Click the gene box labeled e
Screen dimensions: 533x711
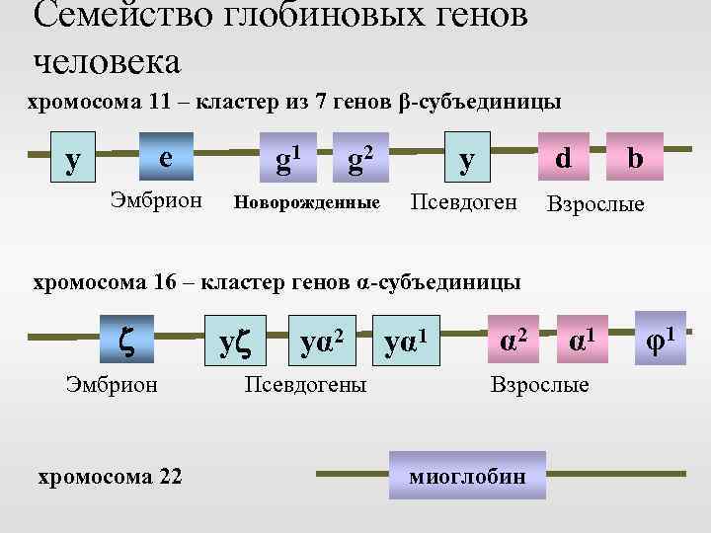(165, 155)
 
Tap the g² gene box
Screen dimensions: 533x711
(358, 155)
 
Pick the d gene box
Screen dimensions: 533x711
(563, 155)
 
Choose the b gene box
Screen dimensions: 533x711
(635, 155)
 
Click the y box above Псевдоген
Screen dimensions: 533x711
(465, 155)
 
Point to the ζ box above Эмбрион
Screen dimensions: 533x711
(126, 339)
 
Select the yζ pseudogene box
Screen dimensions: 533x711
(234, 339)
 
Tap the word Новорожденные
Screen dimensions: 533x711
(305, 203)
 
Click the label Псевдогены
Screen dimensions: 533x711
(305, 384)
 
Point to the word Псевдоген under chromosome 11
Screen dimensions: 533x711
(463, 202)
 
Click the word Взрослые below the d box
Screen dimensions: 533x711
(595, 204)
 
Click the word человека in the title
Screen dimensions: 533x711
(108, 62)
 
